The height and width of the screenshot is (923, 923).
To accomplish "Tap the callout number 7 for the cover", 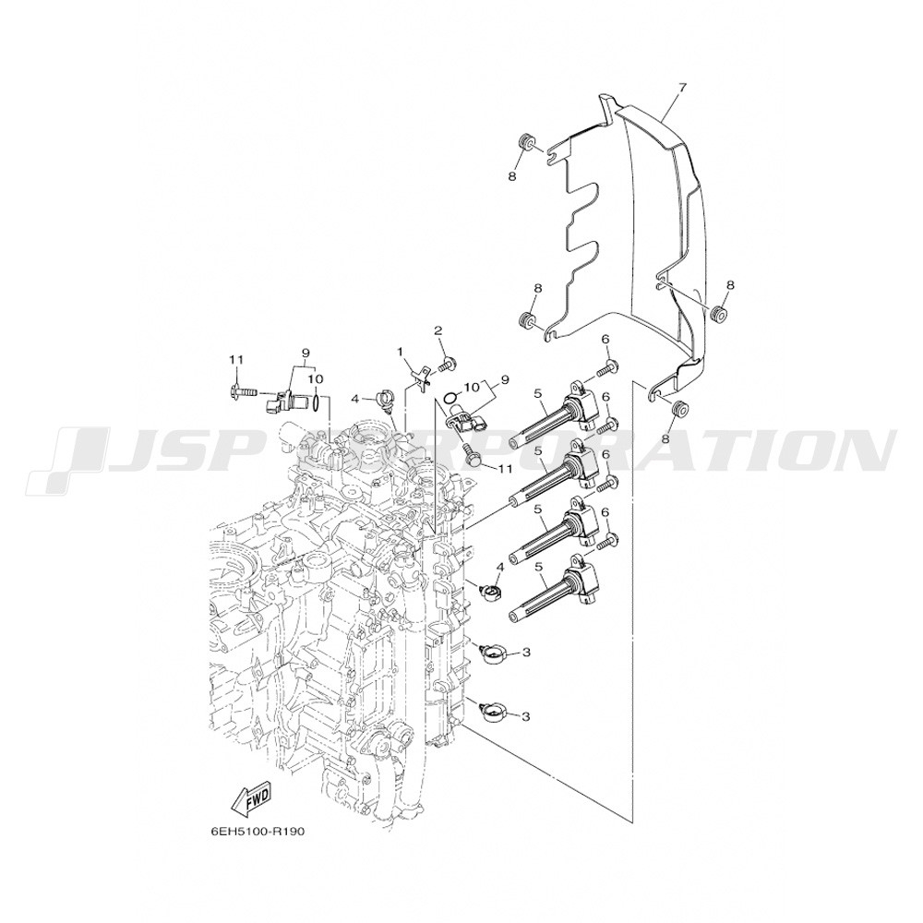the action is tap(682, 88).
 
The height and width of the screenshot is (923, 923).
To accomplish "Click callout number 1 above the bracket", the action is tap(401, 352).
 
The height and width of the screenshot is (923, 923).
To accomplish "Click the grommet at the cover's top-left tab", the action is tap(526, 143).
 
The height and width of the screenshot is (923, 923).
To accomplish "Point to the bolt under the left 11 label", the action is tap(241, 390).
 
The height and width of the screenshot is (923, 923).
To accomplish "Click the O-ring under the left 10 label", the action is tap(317, 402).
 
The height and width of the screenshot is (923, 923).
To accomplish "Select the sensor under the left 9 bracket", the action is tap(287, 400).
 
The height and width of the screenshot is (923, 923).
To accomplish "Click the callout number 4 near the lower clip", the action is tap(499, 567).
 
